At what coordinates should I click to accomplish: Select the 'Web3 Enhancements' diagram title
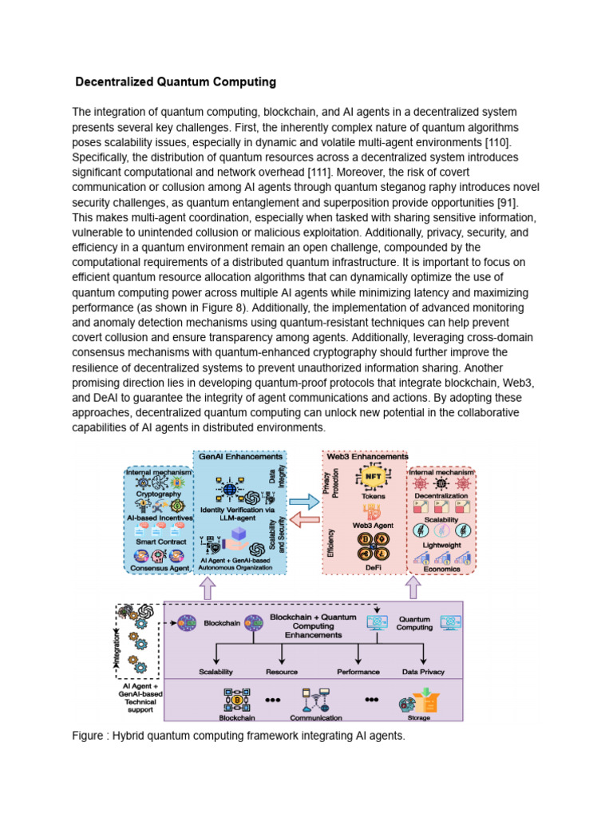click(366, 458)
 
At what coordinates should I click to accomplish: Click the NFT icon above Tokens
click(373, 478)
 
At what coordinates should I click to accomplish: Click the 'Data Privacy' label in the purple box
click(423, 672)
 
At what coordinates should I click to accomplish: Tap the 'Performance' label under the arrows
click(358, 672)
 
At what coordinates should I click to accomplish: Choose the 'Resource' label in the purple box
click(281, 672)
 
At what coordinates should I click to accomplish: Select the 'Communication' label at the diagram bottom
click(316, 718)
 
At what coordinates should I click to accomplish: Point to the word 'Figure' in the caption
click(89, 736)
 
